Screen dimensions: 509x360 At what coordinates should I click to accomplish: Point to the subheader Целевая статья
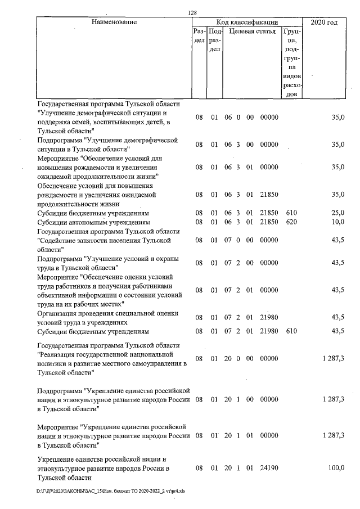coord(252,31)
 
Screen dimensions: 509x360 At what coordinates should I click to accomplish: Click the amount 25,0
coord(337,213)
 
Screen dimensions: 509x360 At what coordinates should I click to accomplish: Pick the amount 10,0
coord(337,222)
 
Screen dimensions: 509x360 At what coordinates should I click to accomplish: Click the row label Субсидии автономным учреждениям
coord(93,222)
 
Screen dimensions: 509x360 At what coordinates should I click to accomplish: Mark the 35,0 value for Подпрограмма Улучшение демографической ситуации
coord(337,145)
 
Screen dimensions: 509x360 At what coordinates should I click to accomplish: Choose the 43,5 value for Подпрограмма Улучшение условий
coord(337,263)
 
